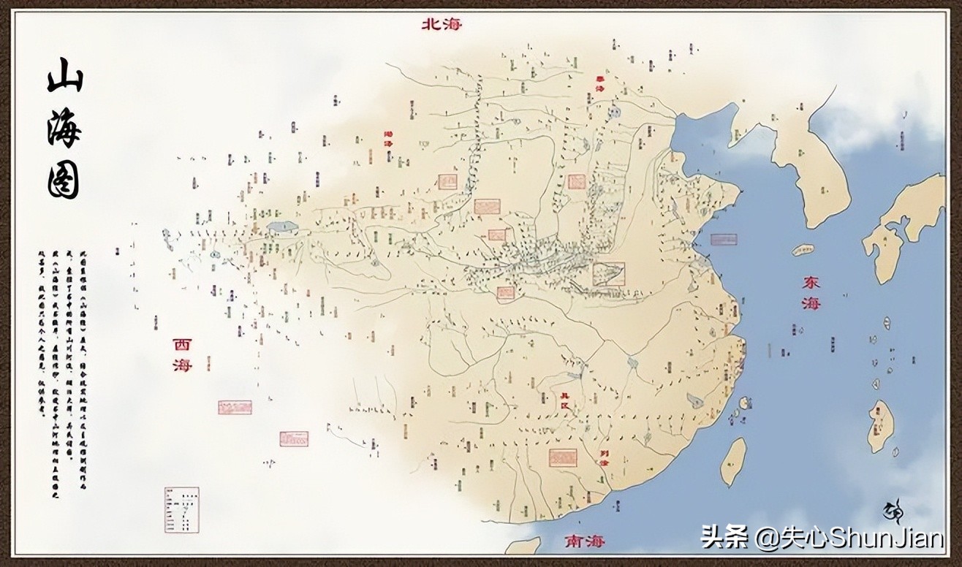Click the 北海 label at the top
[x=442, y=24]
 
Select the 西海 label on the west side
[x=182, y=354]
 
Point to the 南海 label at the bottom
[x=585, y=542]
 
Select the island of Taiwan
[x=733, y=461]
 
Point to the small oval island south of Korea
[x=803, y=249]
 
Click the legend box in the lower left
[x=181, y=509]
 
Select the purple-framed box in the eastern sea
[x=724, y=239]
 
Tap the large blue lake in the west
[x=282, y=227]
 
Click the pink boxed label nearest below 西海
[x=235, y=407]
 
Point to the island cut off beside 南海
[x=523, y=545]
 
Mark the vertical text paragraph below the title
[x=61, y=332]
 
